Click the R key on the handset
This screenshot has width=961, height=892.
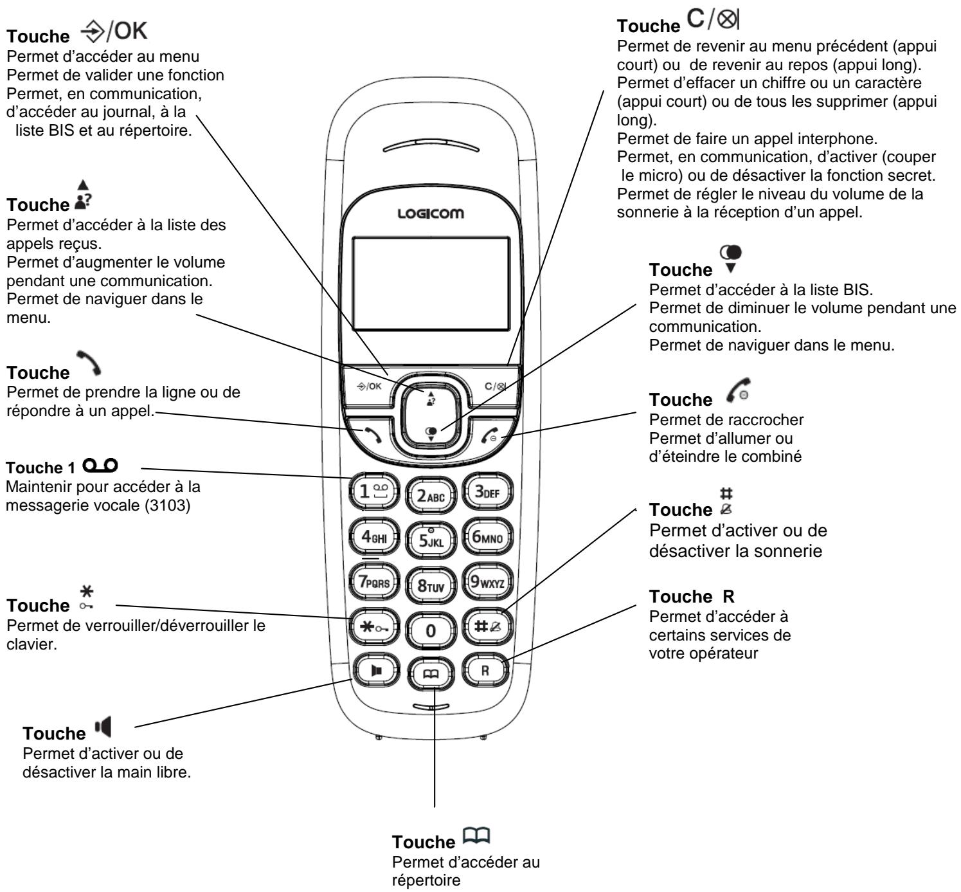pyautogui.click(x=485, y=669)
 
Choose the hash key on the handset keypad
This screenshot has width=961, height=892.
pyautogui.click(x=485, y=628)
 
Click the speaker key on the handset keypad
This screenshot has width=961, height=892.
pyautogui.click(x=376, y=669)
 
